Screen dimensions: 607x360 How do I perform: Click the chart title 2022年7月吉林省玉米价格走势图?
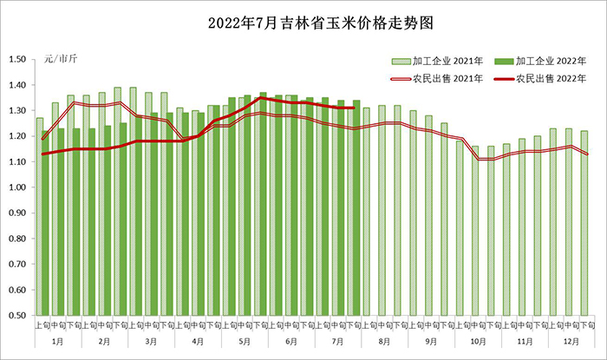point(321,23)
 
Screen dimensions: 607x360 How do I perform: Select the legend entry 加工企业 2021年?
point(437,62)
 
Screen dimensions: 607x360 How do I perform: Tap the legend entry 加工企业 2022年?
point(540,62)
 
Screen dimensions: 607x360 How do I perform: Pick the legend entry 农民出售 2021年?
point(437,79)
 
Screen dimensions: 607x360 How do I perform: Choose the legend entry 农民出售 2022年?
point(540,79)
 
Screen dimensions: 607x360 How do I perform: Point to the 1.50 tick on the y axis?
point(17,59)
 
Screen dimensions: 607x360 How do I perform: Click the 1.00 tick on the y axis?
point(17,187)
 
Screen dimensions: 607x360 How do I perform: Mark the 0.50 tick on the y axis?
point(17,316)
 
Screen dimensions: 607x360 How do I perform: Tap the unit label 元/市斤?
point(61,59)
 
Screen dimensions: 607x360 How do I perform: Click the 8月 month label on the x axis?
point(384,342)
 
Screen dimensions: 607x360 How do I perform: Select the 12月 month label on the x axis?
point(571,342)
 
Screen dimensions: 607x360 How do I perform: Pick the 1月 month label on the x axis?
point(58,342)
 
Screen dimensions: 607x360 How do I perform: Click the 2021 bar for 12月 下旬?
point(584,223)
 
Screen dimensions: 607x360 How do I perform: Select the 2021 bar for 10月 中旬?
point(475,231)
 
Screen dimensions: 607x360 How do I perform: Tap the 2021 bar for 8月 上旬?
point(367,212)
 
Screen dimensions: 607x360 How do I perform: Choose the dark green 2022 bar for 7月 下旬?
point(356,208)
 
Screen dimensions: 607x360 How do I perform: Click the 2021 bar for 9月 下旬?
point(444,219)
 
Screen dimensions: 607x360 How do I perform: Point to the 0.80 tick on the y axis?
point(17,239)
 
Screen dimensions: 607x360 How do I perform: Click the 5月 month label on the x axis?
point(245,342)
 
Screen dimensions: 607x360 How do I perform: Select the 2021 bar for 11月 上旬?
point(506,230)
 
